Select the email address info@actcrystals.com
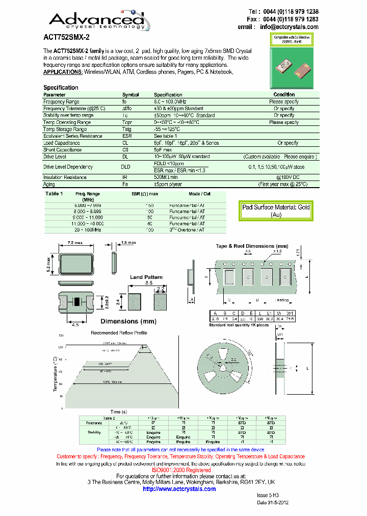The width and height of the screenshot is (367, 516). coord(289,27)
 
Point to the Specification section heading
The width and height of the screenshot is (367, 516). coord(61,88)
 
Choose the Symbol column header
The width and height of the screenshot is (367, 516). coord(130,95)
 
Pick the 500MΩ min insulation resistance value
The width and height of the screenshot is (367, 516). coord(166,177)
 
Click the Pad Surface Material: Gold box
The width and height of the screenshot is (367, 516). coord(276,211)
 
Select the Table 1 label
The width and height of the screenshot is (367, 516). coord(54,194)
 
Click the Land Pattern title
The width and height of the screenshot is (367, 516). coord(146,277)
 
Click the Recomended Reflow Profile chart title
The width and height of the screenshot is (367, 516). coord(119,333)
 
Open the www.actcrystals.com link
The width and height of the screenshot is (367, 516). coord(179,489)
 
